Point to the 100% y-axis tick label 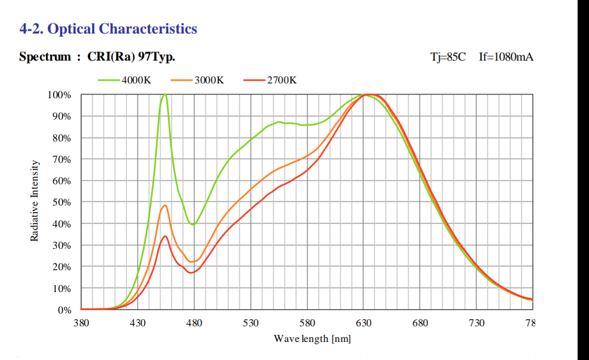click(59, 95)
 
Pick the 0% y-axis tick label click(64, 310)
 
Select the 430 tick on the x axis click(138, 323)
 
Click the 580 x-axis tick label click(307, 323)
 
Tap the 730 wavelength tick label click(476, 323)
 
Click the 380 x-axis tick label click(81, 323)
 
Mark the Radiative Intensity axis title click(34, 200)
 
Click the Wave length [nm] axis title click(312, 339)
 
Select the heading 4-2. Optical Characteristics click(108, 28)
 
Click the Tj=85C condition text click(448, 57)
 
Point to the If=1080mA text click(506, 57)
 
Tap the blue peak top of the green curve click(165, 94)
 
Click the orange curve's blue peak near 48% click(165, 205)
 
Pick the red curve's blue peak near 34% click(165, 236)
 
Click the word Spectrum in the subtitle click(45, 57)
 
